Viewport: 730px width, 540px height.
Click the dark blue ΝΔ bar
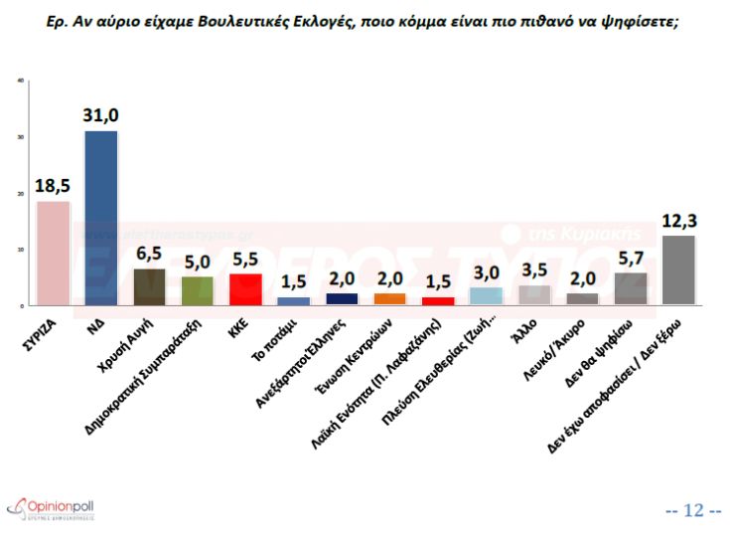click(x=100, y=218)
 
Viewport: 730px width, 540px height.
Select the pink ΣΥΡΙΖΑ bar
click(x=53, y=253)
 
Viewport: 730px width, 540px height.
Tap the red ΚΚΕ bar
click(x=245, y=288)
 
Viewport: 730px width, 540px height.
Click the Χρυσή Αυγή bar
click(x=149, y=285)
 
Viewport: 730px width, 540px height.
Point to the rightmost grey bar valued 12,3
click(x=678, y=270)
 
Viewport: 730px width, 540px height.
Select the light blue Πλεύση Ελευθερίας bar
click(x=486, y=295)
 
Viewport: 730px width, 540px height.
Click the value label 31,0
click(x=101, y=116)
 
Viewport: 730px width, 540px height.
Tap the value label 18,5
click(x=53, y=186)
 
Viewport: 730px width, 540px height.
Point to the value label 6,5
click(x=149, y=254)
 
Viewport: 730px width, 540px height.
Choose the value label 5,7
click(x=631, y=258)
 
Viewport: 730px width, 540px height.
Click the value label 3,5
click(x=534, y=270)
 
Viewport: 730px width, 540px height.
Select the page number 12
click(x=693, y=510)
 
